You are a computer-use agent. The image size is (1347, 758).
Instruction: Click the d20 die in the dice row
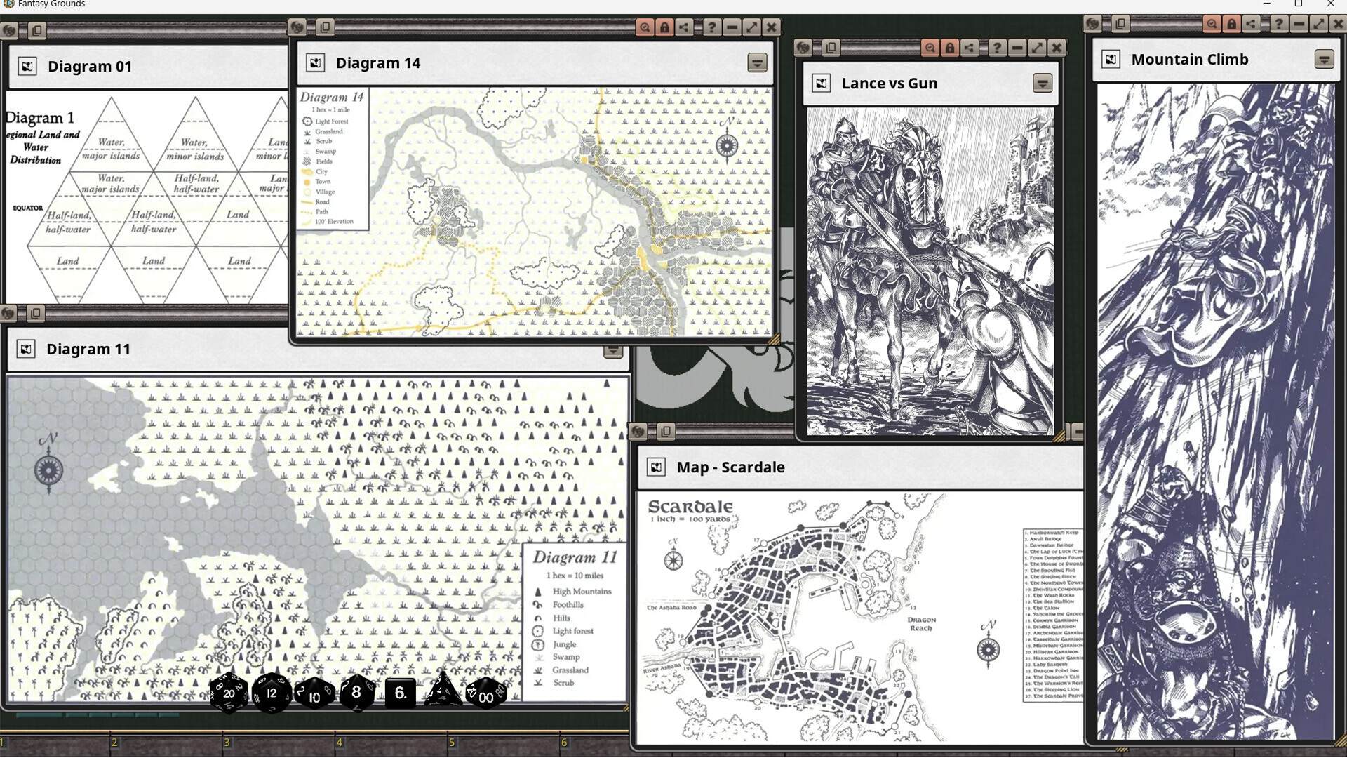229,693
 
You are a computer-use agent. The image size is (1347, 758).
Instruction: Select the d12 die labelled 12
272,693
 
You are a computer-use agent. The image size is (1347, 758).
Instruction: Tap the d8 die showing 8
356,692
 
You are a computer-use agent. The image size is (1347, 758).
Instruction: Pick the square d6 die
400,693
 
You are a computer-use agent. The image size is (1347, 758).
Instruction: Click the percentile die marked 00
485,695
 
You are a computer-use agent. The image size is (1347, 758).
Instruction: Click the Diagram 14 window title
377,63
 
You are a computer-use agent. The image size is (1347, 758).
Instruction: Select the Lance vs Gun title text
889,84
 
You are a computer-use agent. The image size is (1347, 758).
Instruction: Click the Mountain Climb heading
1189,60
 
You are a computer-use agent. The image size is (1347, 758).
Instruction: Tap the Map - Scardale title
730,467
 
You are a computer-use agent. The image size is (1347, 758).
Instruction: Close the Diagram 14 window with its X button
771,27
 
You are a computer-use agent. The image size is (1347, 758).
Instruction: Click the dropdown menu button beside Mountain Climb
1324,60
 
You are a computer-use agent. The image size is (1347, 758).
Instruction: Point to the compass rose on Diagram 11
48,469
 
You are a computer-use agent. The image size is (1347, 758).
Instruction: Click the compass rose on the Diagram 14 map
727,146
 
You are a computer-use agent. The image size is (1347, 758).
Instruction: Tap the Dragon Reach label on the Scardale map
921,624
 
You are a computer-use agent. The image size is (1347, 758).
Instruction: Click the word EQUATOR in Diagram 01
28,208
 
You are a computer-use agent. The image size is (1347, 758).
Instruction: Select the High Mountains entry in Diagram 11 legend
581,592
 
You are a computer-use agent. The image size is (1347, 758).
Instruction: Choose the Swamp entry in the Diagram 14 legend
326,152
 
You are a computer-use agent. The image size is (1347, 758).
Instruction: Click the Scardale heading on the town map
690,507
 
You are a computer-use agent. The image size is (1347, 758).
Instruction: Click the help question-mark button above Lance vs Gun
997,48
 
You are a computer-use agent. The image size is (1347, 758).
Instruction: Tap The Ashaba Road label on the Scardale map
671,608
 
